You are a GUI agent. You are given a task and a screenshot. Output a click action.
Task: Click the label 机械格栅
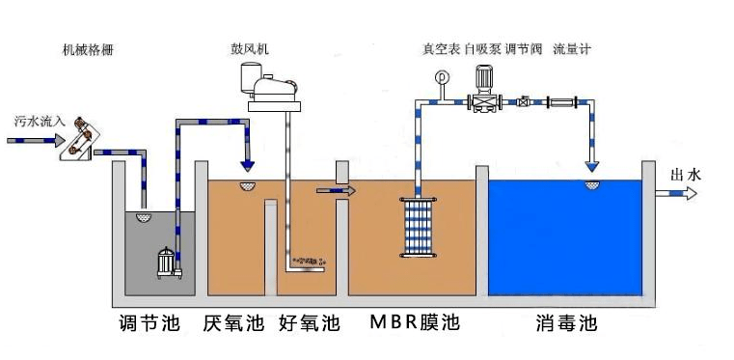(x=88, y=49)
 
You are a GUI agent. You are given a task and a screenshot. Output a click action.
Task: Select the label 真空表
(x=440, y=49)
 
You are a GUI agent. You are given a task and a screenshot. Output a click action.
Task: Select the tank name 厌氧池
(x=232, y=322)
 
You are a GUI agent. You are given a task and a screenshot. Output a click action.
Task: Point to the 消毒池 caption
(x=567, y=322)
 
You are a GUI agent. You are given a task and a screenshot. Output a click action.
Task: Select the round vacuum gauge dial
(x=442, y=76)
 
